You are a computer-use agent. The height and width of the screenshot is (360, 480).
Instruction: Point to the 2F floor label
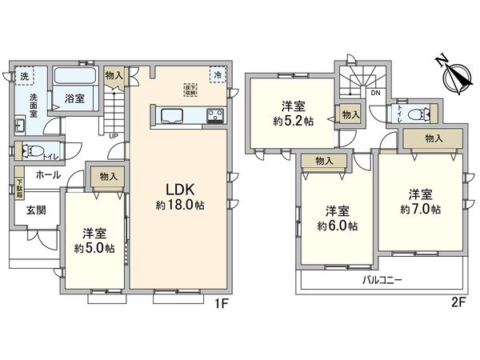pos(458,303)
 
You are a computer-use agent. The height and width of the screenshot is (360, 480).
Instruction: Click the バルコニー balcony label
pos(382,281)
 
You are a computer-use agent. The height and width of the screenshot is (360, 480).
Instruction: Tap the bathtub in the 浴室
pos(76,78)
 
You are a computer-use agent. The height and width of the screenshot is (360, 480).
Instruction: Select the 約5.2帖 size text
pos(290,120)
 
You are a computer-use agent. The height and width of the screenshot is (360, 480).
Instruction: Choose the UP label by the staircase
pos(114,135)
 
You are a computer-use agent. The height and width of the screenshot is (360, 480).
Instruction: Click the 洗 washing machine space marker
pos(24,76)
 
